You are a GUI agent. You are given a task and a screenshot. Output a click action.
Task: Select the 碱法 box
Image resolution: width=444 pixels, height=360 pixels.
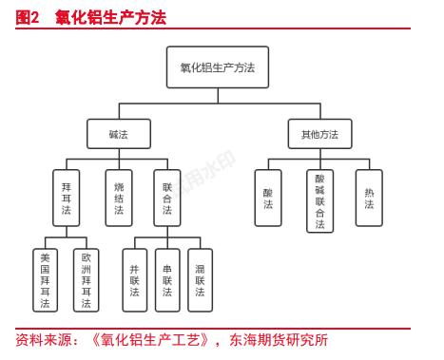coord(118,135)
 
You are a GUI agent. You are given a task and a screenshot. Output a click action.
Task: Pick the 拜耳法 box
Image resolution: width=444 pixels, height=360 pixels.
coord(67,197)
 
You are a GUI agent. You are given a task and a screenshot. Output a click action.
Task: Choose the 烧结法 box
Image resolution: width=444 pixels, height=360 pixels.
coord(118,197)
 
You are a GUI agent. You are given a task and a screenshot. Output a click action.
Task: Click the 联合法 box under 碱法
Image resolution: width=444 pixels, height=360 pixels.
coord(167,197)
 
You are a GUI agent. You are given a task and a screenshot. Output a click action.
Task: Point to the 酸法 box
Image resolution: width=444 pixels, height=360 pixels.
coord(268,197)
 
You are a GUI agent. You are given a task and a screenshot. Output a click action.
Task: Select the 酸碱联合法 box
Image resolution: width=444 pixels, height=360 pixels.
coord(319,200)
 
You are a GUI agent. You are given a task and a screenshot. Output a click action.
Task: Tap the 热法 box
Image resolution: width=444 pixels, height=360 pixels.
coord(369,197)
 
